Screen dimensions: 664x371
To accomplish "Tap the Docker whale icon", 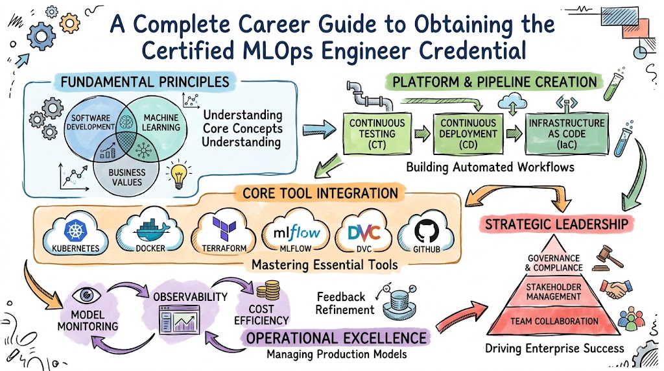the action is click(152, 230).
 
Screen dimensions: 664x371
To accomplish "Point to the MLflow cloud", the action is click(296, 232).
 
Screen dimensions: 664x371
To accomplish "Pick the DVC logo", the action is click(364, 232).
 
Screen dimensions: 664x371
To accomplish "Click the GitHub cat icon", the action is click(427, 231).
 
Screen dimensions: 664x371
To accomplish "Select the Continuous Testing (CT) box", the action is click(377, 134).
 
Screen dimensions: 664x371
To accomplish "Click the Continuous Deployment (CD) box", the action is click(468, 134).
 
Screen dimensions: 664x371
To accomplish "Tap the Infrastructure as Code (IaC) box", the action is click(567, 134).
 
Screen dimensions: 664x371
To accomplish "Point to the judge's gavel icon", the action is click(608, 257).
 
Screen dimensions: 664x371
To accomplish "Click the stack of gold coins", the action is click(268, 290).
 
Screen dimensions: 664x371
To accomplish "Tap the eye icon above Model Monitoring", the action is click(86, 295).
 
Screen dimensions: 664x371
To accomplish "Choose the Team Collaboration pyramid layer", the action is click(554, 320).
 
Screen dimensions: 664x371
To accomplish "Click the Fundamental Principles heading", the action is click(145, 82).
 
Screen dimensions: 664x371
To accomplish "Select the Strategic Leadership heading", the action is click(556, 224).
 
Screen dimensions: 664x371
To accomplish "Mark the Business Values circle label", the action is click(126, 178).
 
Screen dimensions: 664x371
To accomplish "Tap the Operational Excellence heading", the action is click(337, 338).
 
